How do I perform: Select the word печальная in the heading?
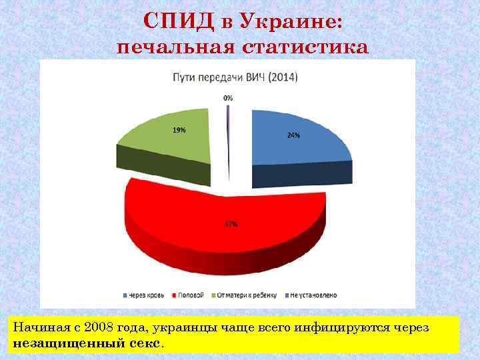click(175, 48)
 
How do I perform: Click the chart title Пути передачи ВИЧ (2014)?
click(236, 77)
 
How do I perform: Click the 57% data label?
click(230, 225)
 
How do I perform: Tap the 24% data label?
click(293, 135)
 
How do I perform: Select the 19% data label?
click(179, 130)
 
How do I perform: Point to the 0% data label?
click(228, 98)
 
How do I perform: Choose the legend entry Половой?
click(191, 294)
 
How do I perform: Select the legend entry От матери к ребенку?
click(246, 294)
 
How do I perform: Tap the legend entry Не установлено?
click(313, 294)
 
